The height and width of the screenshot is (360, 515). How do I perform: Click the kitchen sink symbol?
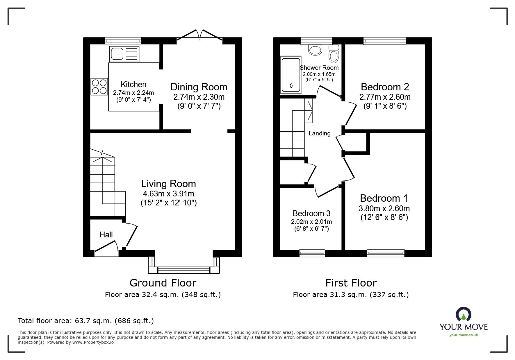[124, 54]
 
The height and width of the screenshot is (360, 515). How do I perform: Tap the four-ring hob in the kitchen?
[99, 87]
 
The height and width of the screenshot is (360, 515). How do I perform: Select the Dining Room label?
[199, 87]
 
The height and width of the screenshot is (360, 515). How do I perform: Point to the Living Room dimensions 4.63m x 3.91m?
[168, 194]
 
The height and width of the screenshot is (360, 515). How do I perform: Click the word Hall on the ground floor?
[106, 235]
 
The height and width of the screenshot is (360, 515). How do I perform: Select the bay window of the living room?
[183, 269]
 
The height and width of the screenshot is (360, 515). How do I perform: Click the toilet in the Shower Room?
[334, 53]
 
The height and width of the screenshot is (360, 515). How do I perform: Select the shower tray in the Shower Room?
[291, 76]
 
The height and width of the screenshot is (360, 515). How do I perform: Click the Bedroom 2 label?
[385, 87]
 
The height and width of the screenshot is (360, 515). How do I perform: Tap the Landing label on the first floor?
[320, 133]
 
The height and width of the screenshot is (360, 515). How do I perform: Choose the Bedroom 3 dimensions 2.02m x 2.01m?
[311, 222]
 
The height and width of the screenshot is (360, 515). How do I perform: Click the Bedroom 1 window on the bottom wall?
[386, 253]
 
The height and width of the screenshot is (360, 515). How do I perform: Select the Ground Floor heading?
[163, 283]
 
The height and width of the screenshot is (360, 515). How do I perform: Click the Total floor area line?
[86, 321]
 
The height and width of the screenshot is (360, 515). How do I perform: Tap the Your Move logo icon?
[463, 314]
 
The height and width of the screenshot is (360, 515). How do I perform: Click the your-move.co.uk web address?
[464, 335]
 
